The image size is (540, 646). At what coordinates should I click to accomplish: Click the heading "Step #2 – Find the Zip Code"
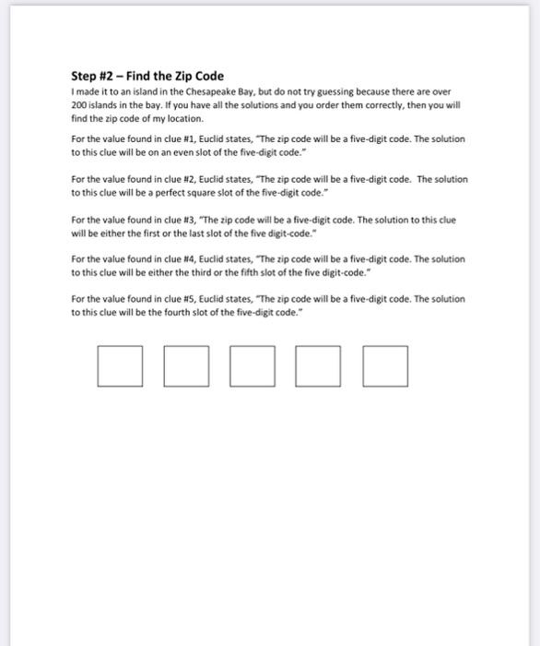click(x=147, y=76)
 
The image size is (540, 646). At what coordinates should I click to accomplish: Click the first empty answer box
click(x=120, y=365)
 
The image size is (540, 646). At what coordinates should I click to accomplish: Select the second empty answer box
click(x=186, y=365)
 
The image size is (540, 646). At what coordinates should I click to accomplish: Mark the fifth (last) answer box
click(x=385, y=365)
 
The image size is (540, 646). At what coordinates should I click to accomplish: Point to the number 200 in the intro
click(x=78, y=106)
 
